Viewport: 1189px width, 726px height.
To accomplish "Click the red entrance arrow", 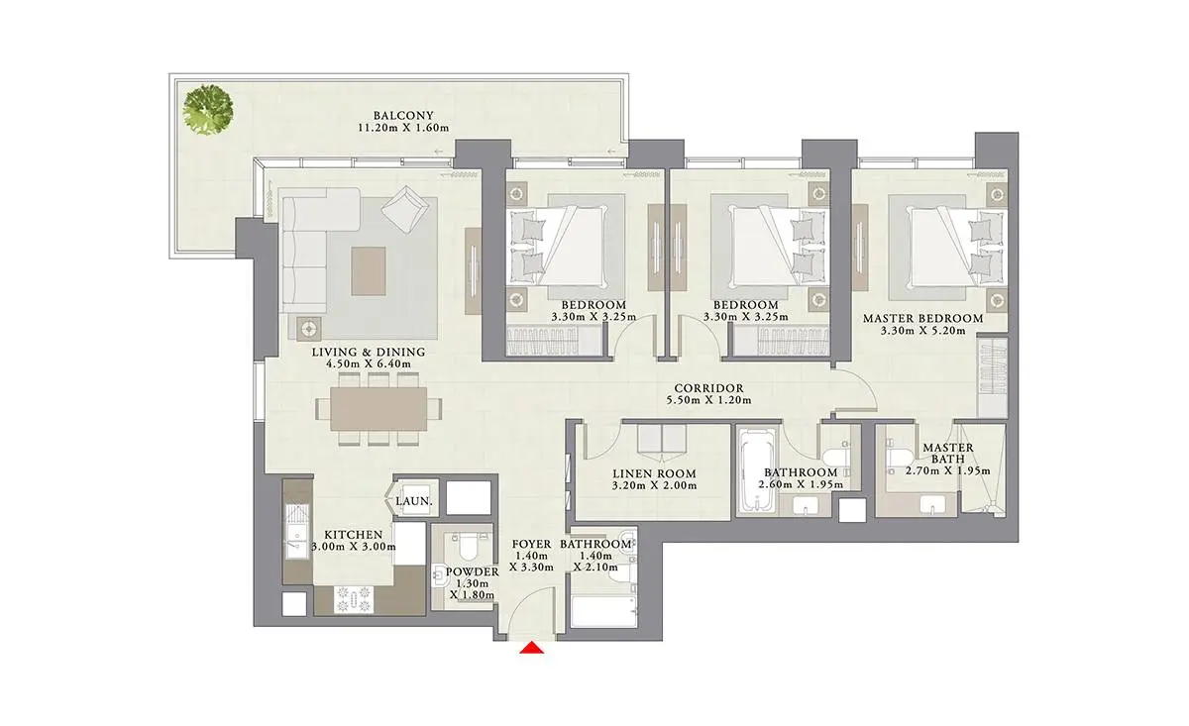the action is (x=531, y=648).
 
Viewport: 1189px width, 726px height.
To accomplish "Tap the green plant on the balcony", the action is (x=208, y=110).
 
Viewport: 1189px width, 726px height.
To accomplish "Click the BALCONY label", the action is (x=403, y=115).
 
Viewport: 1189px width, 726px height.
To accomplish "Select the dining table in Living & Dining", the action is (x=378, y=409).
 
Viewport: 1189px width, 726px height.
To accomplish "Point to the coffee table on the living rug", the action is (x=369, y=270).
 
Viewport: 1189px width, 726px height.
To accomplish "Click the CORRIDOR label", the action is (x=708, y=388).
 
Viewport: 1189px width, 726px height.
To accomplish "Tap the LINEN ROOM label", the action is (x=655, y=473).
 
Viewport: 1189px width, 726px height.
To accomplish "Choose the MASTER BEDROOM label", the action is (x=923, y=318).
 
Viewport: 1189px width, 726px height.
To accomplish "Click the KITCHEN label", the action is (x=354, y=535).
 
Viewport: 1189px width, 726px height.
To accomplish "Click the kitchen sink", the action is (x=296, y=531).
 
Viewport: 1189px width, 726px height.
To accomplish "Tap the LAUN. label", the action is (x=414, y=501).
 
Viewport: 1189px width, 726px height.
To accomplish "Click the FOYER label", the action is (x=531, y=544).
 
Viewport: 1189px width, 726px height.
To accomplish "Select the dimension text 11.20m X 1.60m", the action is (x=403, y=128).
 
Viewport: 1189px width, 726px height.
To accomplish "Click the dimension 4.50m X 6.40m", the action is (x=369, y=364).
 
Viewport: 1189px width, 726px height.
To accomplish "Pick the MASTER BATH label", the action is (x=948, y=454).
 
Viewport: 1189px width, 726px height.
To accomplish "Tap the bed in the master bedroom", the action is (x=957, y=248).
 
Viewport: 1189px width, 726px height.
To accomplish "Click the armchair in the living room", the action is (x=405, y=209).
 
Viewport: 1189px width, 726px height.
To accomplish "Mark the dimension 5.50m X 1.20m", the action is (x=708, y=401).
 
